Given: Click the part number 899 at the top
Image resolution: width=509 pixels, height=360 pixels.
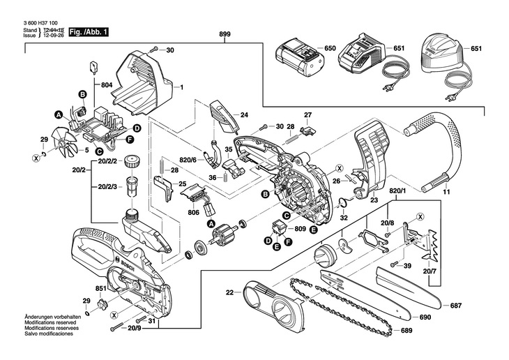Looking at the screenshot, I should pos(225,33).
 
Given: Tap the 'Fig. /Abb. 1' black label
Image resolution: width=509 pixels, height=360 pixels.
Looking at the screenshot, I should pos(89,32).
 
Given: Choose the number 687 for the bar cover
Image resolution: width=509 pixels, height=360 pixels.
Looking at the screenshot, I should pos(456,305).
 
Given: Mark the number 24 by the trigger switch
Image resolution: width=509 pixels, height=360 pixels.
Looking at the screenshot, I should pos(244,114).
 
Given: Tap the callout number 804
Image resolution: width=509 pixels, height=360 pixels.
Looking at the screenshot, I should pos(107,85).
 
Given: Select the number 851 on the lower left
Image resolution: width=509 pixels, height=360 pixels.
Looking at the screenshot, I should pos(100,288).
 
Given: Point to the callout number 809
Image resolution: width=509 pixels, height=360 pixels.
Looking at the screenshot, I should pos(300,228).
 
